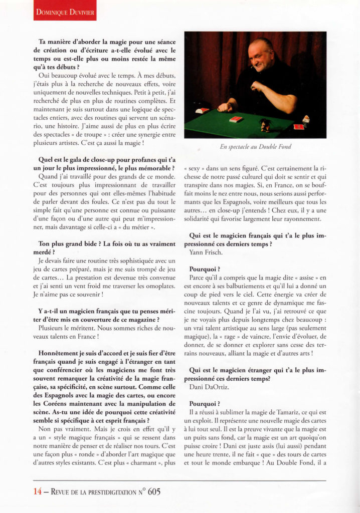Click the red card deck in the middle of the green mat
point(235,119)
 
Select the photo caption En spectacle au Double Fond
point(255,147)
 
